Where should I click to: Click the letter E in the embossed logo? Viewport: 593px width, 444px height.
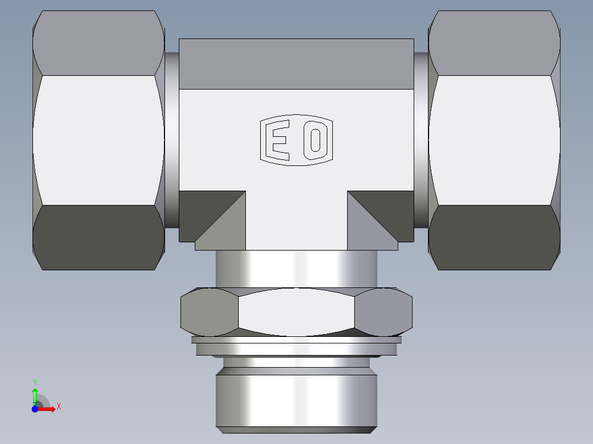278,140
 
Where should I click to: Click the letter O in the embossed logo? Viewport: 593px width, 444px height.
316,140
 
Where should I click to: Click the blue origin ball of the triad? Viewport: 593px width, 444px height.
35,409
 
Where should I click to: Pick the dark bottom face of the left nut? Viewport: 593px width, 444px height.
99,237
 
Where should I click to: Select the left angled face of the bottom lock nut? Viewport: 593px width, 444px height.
209,312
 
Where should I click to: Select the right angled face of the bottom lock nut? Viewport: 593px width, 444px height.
383,312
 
